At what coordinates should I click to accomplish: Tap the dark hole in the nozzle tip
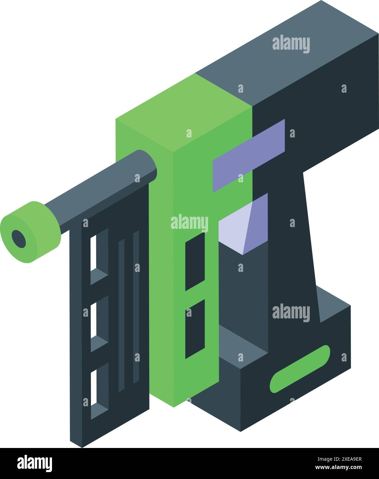(x=19, y=238)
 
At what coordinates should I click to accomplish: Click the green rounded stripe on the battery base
(x=300, y=369)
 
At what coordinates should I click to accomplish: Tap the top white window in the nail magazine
(x=93, y=253)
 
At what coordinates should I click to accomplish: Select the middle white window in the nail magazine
(x=93, y=320)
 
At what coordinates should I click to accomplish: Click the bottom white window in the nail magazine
(x=93, y=388)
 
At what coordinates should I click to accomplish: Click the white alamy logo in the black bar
(x=34, y=463)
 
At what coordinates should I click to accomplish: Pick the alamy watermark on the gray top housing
(x=291, y=44)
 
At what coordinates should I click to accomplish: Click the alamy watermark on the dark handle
(x=291, y=313)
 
